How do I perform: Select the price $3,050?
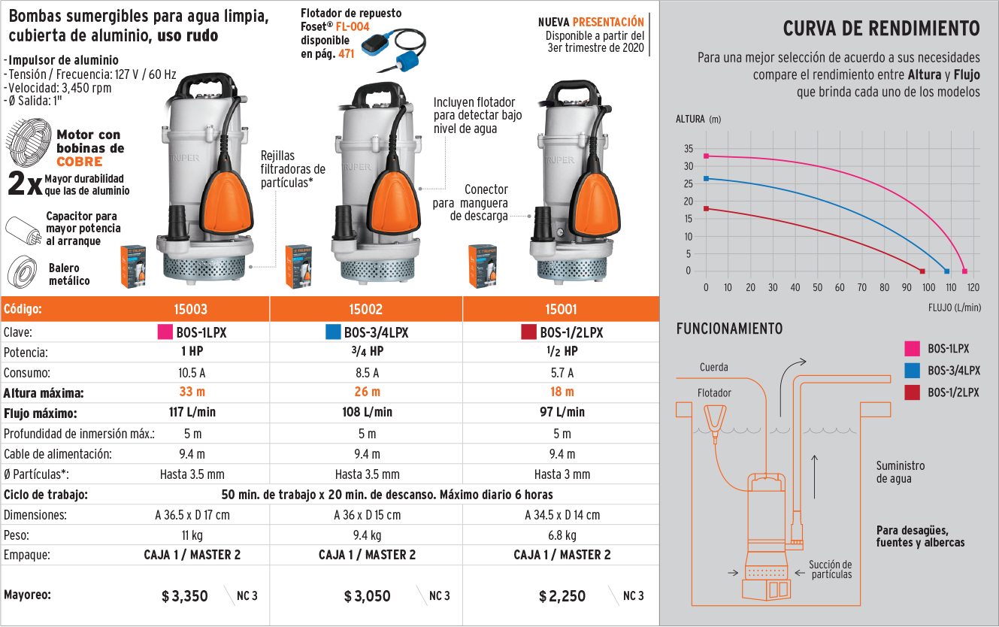pos(368,596)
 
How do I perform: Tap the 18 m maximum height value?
pos(562,392)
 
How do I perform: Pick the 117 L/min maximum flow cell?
pos(192,412)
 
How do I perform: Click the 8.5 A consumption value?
pos(367,372)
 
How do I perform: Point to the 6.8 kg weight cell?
pos(562,535)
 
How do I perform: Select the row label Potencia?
pos(26,352)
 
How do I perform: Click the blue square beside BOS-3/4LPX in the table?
pos(333,332)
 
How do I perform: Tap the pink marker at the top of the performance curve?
pos(706,156)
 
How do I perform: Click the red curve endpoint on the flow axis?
pos(922,271)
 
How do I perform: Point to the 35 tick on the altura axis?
pos(688,148)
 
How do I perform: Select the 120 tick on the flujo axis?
pos(973,287)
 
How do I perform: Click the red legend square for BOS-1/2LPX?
pos(913,392)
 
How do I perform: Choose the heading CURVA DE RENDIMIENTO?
pos(881,29)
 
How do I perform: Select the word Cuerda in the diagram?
pos(713,368)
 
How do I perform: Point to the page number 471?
pos(346,54)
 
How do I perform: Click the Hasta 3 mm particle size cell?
pos(562,474)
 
